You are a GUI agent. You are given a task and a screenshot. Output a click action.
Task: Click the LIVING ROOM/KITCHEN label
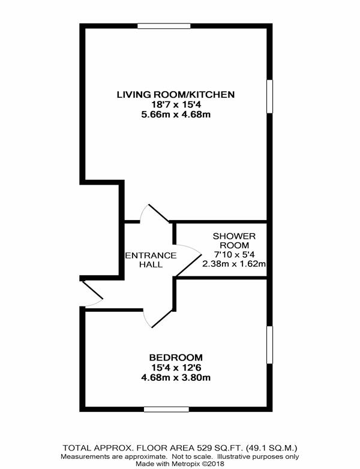tap(176, 95)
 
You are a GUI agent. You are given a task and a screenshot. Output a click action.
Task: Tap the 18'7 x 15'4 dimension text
tap(176, 105)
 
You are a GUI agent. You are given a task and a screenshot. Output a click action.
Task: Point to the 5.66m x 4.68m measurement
tap(176, 115)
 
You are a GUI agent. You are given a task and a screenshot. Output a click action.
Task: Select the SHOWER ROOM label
tap(235, 240)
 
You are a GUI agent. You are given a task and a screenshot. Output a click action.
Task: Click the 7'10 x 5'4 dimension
tap(235, 255)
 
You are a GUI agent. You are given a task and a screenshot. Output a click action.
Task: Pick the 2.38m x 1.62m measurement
tap(235, 264)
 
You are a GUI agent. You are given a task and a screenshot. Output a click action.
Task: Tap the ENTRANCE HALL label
tap(151, 260)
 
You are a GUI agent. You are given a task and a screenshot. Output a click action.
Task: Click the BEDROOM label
tap(176, 357)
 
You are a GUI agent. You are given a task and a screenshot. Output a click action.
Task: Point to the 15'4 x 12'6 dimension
tap(176, 367)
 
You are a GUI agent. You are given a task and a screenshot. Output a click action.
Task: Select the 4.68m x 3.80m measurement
tap(176, 377)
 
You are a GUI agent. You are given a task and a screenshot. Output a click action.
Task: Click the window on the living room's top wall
tap(164, 26)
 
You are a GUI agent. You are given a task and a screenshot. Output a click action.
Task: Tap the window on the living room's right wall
tap(269, 97)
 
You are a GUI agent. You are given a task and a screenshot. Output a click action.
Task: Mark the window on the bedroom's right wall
tap(269, 345)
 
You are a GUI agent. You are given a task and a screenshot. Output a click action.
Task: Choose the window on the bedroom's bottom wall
tap(166, 409)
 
